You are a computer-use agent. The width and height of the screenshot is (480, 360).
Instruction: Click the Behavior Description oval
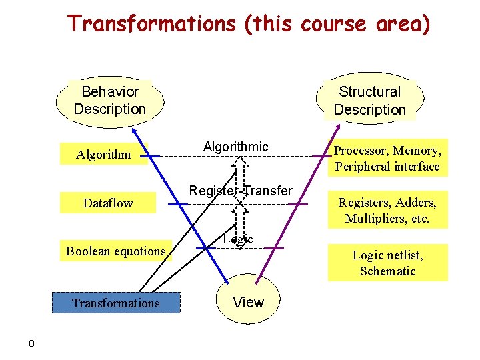pyautogui.click(x=109, y=101)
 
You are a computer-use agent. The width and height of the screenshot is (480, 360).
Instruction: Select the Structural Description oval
pyautogui.click(x=369, y=101)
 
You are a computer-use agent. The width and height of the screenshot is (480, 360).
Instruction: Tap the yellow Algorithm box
pyautogui.click(x=103, y=155)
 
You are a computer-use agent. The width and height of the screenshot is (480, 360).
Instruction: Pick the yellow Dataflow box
pyautogui.click(x=107, y=203)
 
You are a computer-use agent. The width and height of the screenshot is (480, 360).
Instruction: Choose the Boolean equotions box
pyautogui.click(x=115, y=251)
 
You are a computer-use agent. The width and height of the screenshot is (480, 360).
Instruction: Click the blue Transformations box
pyautogui.click(x=116, y=303)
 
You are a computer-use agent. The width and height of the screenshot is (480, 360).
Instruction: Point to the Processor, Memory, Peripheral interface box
pyautogui.click(x=387, y=159)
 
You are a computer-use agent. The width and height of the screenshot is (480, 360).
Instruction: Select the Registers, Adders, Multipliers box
pyautogui.click(x=387, y=211)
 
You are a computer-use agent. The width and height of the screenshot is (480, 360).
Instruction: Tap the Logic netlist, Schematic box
pyautogui.click(x=387, y=263)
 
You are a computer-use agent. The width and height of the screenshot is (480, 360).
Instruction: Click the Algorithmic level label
pyautogui.click(x=235, y=147)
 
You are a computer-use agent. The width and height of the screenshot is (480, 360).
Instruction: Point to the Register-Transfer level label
pyautogui.click(x=241, y=191)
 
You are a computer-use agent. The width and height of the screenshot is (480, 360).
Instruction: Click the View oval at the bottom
pyautogui.click(x=248, y=303)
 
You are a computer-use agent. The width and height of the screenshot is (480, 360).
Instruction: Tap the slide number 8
pyautogui.click(x=31, y=343)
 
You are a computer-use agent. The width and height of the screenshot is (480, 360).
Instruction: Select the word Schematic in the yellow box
pyautogui.click(x=387, y=271)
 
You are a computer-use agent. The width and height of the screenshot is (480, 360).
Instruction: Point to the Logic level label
pyautogui.click(x=238, y=239)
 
